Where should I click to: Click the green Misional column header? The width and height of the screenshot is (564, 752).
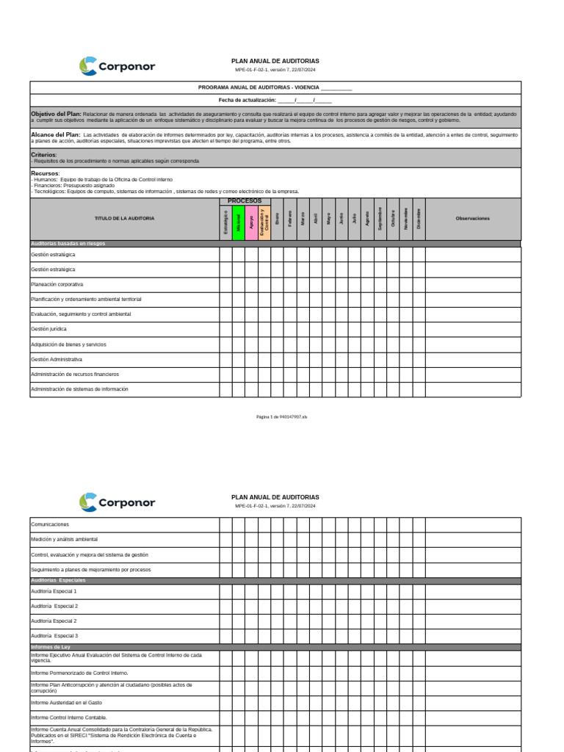point(239,222)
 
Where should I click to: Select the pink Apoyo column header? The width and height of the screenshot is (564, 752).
point(251,222)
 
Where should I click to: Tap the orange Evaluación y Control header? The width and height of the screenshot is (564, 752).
point(264,222)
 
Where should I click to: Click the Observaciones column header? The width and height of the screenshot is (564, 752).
point(472,218)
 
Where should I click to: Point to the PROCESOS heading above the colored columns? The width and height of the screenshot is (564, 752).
point(245,200)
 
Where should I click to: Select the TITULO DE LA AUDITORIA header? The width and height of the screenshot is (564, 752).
point(124,218)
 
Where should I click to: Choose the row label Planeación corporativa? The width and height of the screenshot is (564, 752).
point(57,283)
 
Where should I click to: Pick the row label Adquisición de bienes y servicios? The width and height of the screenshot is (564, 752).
point(68,344)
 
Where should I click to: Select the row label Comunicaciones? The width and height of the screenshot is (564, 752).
point(49,524)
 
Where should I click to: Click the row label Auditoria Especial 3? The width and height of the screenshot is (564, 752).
point(54,635)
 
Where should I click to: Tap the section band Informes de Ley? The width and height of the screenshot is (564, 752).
point(51,647)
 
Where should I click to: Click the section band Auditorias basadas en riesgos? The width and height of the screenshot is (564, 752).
point(68,243)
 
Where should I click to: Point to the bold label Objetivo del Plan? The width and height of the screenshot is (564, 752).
point(56,114)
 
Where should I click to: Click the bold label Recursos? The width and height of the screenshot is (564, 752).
point(45,173)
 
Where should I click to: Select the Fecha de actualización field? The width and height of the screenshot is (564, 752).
point(275,100)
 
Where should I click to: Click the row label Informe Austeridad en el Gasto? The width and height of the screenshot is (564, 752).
point(66,703)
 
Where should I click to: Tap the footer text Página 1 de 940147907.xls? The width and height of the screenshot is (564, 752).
point(281,416)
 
